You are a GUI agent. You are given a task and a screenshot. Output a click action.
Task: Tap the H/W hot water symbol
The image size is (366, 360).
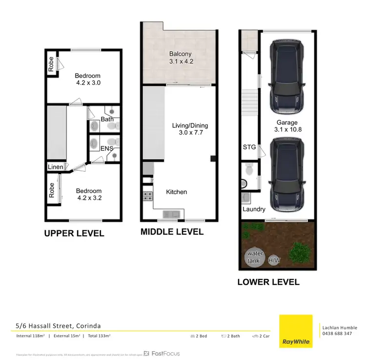coord(274,261)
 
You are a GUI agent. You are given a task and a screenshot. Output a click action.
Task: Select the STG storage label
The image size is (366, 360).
coord(249,146)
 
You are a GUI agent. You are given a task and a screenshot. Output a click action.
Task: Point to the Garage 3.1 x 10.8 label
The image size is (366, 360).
coord(288,126)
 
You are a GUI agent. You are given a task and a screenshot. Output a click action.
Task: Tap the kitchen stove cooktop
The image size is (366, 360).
coord(147,197)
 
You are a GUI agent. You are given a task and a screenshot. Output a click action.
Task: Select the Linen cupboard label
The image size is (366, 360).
coord(56,167)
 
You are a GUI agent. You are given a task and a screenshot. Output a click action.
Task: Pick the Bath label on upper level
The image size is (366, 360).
coord(107,119)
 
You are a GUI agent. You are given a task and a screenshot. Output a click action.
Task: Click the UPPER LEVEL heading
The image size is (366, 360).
coord(74,234)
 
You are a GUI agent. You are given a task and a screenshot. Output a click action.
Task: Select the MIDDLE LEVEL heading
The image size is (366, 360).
coord(172,232)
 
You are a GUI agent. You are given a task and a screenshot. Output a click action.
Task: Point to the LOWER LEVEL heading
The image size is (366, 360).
coord(268,282)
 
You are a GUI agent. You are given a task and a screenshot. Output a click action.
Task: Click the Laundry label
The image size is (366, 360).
coord(254,209)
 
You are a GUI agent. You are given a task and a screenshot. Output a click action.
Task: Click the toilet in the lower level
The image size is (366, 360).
coord(249,170)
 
